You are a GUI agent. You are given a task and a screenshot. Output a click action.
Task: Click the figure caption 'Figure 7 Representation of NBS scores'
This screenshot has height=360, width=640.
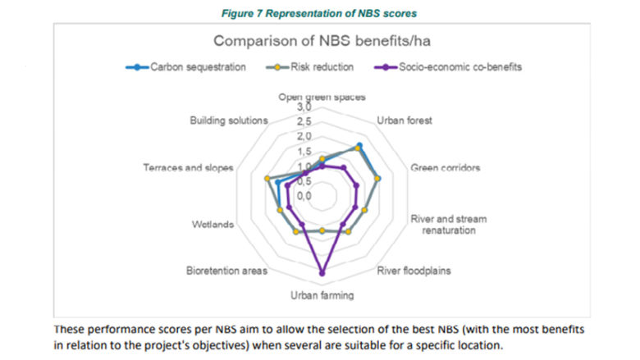point(320,11)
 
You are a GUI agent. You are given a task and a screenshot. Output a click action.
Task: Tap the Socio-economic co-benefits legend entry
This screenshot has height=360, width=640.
point(459,67)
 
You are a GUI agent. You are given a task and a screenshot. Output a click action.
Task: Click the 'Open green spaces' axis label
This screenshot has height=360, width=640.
point(322,96)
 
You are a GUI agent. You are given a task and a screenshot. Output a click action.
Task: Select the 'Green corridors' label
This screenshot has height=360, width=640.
point(444,167)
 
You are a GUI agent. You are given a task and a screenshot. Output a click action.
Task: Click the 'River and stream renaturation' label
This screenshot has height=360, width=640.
point(448,225)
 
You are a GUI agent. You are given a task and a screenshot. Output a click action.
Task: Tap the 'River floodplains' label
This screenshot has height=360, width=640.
point(414,270)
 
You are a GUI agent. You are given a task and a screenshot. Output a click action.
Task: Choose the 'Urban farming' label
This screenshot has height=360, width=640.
point(322,295)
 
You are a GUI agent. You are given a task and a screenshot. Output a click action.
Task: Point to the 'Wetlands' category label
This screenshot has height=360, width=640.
point(213,224)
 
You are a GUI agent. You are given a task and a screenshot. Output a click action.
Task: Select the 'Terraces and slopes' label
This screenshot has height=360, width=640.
point(189,167)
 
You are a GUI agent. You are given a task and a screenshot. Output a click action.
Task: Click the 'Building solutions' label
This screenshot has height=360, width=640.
point(229,120)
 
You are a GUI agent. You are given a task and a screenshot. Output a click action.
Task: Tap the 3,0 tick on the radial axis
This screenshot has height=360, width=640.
point(304,107)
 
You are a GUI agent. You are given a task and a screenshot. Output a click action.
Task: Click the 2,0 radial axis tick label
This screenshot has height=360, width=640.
point(304,137)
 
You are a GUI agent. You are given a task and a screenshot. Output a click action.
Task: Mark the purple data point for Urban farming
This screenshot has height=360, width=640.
point(322,272)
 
